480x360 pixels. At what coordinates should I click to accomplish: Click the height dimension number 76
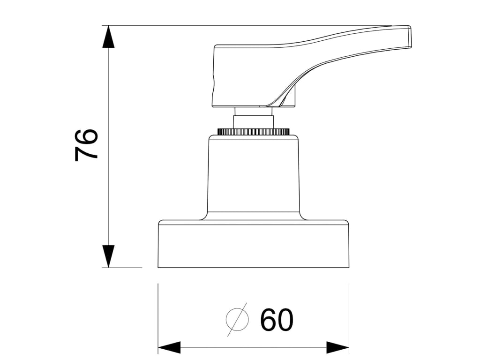click(86, 145)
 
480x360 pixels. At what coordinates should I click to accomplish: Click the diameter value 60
click(277, 320)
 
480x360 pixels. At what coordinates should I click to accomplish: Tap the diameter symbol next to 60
click(237, 319)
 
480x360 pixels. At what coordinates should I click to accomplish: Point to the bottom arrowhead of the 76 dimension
click(108, 256)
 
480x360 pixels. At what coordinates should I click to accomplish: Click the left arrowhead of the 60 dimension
click(169, 347)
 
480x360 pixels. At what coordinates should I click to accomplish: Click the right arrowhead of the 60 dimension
click(337, 347)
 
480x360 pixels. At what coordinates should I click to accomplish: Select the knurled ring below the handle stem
click(253, 132)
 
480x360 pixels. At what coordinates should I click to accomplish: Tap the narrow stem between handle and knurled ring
click(253, 117)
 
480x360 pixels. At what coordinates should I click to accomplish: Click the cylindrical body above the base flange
click(253, 178)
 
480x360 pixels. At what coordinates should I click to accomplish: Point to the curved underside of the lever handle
click(300, 80)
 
